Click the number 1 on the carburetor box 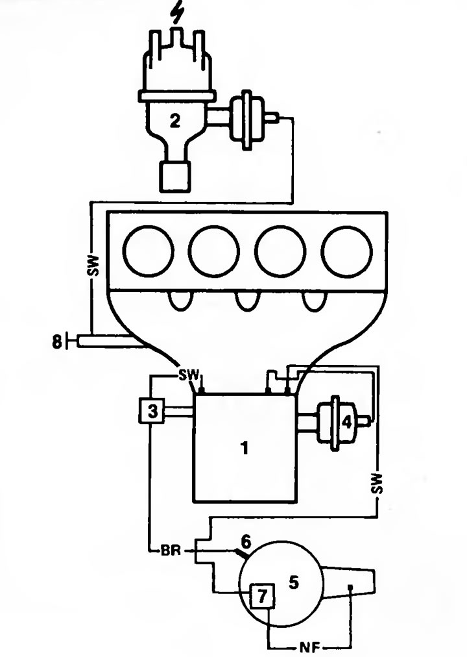click(x=245, y=448)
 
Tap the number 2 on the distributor click(x=175, y=121)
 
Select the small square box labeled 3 click(x=152, y=411)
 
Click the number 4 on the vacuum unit click(x=347, y=423)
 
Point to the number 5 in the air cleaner click(x=294, y=582)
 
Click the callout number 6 click(x=246, y=542)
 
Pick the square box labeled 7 click(x=263, y=596)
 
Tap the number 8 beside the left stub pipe click(x=56, y=341)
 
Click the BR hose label click(x=171, y=550)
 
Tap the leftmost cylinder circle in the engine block click(x=149, y=251)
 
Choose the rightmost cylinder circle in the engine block click(x=347, y=251)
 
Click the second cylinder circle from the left click(x=214, y=251)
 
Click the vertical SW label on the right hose click(x=377, y=484)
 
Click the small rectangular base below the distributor click(x=174, y=177)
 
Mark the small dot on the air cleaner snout click(x=351, y=587)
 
